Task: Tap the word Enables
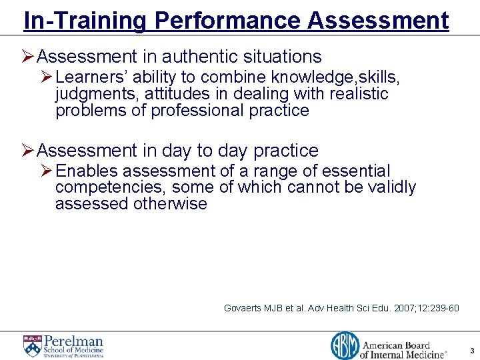(x=88, y=171)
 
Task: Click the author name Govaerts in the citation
(x=243, y=309)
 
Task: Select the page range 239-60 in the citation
(x=443, y=309)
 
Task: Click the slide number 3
(x=471, y=351)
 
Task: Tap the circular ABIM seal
(x=345, y=346)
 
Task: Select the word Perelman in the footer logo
(x=73, y=339)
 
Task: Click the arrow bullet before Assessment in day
(x=29, y=151)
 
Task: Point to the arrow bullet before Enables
(x=46, y=171)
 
